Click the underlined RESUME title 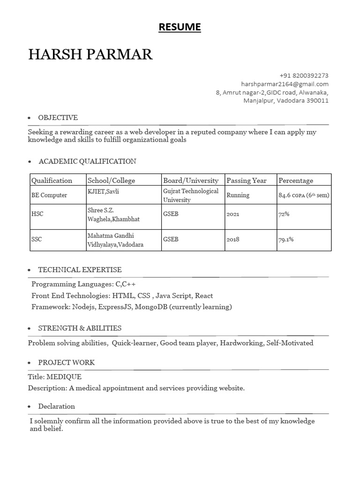(180, 28)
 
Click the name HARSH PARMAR (90, 54)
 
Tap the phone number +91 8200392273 (304, 75)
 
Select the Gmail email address (285, 84)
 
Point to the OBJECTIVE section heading (58, 118)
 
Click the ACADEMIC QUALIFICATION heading (87, 161)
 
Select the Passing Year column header (246, 180)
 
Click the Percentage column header (296, 180)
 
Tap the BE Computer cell (49, 195)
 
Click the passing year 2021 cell (232, 214)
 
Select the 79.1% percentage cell (286, 240)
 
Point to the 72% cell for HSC (284, 214)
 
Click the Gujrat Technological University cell (191, 195)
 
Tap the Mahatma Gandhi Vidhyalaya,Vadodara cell (115, 240)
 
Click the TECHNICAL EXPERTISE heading (80, 270)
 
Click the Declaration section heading (56, 406)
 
